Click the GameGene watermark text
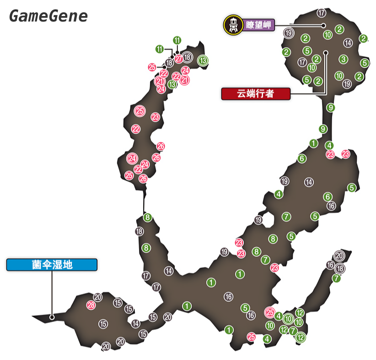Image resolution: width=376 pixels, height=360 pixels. pyautogui.click(x=48, y=16)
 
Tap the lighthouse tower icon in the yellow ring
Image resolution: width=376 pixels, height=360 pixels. pyautogui.click(x=234, y=26)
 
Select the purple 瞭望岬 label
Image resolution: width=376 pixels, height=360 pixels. pyautogui.click(x=258, y=26)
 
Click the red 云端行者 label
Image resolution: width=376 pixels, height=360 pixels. pyautogui.click(x=255, y=94)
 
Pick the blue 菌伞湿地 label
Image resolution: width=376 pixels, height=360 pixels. pyautogui.click(x=52, y=264)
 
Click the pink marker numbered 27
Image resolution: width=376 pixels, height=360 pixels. pyautogui.click(x=178, y=59)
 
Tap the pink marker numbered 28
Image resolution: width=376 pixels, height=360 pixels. pyautogui.click(x=91, y=305)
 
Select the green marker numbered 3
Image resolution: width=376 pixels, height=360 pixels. pyautogui.click(x=344, y=59)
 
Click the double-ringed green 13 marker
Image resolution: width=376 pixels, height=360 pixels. pyautogui.click(x=203, y=60)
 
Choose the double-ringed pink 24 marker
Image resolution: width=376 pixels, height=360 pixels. pyautogui.click(x=132, y=158)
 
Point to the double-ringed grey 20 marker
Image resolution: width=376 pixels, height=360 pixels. pyautogui.click(x=339, y=256)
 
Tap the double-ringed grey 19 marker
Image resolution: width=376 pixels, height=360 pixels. pyautogui.click(x=288, y=33)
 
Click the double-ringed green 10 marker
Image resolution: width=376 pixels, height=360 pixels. pyautogui.click(x=288, y=319)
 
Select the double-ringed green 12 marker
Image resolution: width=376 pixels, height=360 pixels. pyautogui.click(x=301, y=338)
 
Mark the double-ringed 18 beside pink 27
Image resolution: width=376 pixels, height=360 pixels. pyautogui.click(x=187, y=57)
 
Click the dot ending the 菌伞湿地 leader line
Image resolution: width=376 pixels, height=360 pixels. pyautogui.click(x=52, y=316)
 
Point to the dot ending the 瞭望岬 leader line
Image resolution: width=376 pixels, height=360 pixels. pyautogui.click(x=323, y=26)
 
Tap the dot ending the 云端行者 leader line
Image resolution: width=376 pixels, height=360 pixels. pyautogui.click(x=326, y=52)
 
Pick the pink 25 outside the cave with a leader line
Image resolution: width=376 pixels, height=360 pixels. pyautogui.click(x=152, y=67)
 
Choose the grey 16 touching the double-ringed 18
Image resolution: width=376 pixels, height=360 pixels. pyautogui.click(x=330, y=265)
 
